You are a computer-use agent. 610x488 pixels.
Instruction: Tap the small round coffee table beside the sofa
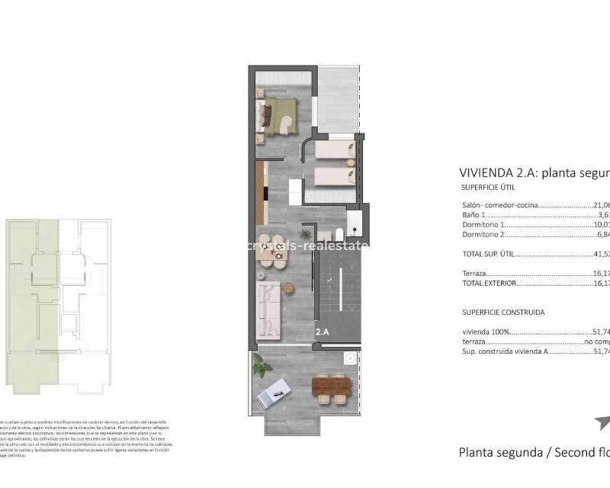[291, 288]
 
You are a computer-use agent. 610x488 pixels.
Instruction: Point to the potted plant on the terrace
[262, 365]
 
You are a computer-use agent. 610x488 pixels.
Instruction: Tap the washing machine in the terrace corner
[349, 358]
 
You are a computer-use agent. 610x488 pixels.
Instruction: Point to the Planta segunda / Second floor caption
[534, 452]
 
